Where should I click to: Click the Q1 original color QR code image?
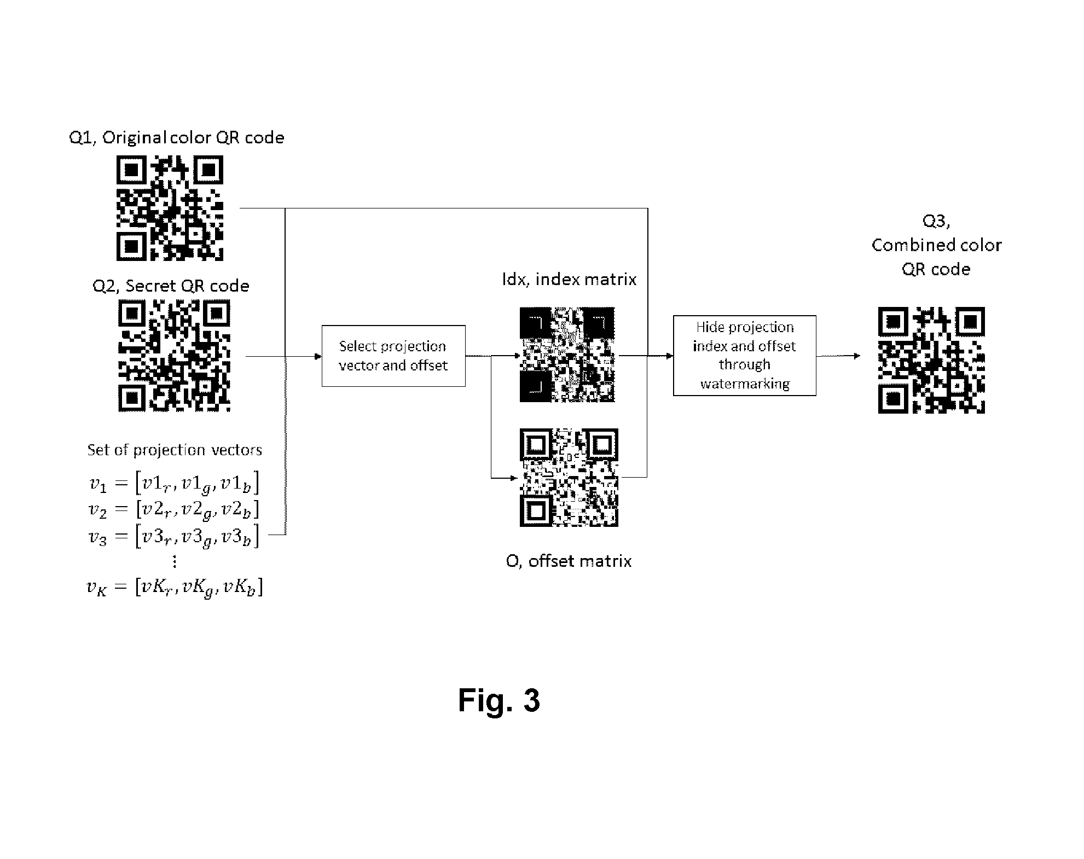click(x=170, y=208)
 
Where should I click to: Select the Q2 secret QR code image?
click(x=175, y=356)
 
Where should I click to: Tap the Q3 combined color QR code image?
click(x=931, y=360)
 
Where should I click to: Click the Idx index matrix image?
click(x=567, y=355)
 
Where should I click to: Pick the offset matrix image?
click(x=569, y=478)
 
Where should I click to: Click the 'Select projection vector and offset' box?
click(x=393, y=356)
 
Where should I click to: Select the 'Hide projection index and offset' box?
click(x=744, y=356)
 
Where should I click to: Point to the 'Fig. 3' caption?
click(x=499, y=700)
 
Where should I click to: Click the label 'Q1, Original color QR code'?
click(x=177, y=137)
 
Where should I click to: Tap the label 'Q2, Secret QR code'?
click(x=171, y=286)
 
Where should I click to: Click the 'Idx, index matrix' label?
click(x=570, y=280)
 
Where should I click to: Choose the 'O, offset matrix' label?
click(x=569, y=561)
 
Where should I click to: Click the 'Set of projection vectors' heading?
click(x=175, y=450)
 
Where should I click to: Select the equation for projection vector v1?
click(x=174, y=484)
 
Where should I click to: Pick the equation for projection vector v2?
click(x=174, y=510)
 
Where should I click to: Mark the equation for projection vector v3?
click(x=174, y=536)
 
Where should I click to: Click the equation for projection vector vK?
click(x=175, y=588)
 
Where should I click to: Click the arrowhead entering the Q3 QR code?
click(x=856, y=356)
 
